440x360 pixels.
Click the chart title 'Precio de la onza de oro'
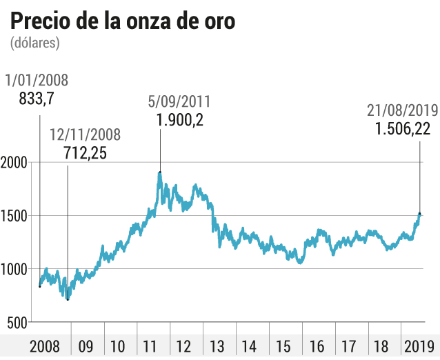123,21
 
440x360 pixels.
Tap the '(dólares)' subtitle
35,43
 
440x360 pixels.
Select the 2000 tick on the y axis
14,163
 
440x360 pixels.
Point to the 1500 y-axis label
14,216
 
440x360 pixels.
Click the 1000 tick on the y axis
14,270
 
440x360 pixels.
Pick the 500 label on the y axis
17,323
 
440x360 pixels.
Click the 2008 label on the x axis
45,346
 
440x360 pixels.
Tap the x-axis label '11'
150,346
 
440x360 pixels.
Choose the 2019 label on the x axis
419,346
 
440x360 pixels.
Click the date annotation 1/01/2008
37,80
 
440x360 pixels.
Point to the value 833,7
37,99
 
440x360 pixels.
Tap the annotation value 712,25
86,153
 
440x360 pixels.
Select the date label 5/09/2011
179,101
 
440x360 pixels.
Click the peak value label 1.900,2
179,120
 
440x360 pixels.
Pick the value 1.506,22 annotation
403,129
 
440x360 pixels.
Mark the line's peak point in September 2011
160,172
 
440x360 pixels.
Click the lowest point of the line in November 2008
68,300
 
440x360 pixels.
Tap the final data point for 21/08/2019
420,214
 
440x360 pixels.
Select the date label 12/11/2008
86,134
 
